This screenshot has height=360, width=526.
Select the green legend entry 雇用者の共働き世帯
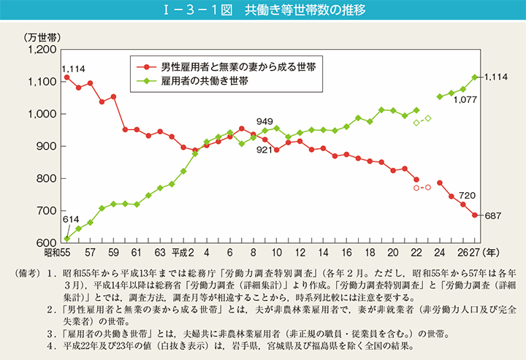(x=204, y=81)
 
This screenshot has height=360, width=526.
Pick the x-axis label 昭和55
(x=56, y=253)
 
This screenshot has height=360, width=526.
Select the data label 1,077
(x=465, y=100)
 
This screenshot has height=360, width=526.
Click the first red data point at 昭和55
(x=67, y=77)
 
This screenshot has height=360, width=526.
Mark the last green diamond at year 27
(x=475, y=77)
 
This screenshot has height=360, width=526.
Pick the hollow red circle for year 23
(x=428, y=188)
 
